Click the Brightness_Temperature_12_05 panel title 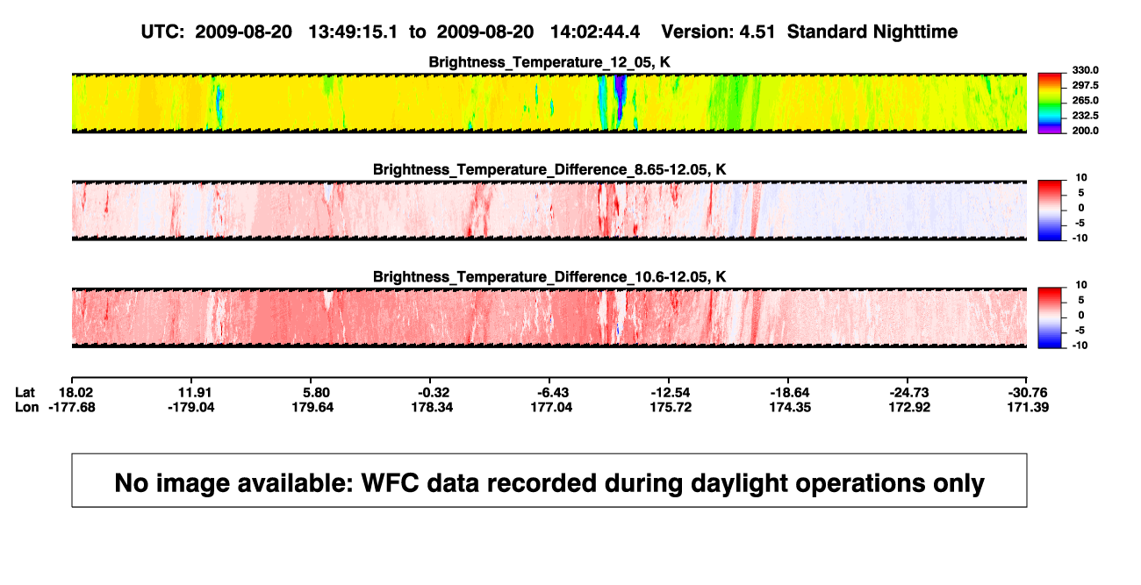(x=549, y=62)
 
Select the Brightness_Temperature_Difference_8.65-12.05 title (x=549, y=169)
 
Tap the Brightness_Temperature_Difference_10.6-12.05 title (x=549, y=277)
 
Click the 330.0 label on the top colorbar (x=1085, y=70)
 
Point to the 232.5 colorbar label (x=1085, y=116)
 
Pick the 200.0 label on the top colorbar (x=1085, y=131)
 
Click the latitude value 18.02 (x=75, y=393)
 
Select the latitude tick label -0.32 (x=434, y=393)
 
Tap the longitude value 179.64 (x=312, y=407)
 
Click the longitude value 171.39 (x=1028, y=407)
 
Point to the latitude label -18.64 (x=790, y=393)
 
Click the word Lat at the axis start (x=25, y=393)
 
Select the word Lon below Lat (x=27, y=407)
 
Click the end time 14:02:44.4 (x=595, y=32)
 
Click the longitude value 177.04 (x=551, y=407)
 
